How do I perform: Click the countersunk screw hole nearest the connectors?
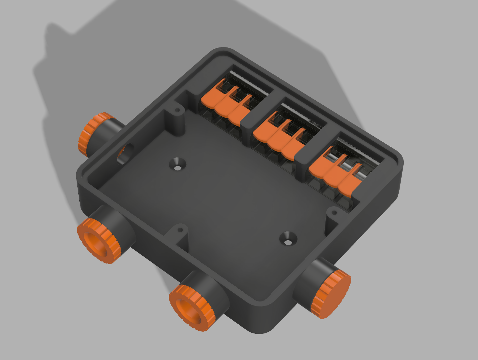pyautogui.click(x=177, y=164)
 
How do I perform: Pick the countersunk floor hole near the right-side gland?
pyautogui.click(x=288, y=239)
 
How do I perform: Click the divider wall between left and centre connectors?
pyautogui.click(x=249, y=121)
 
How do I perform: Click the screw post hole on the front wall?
pyautogui.click(x=180, y=230)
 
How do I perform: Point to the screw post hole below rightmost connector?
pyautogui.click(x=334, y=212)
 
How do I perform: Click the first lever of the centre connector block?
pyautogui.click(x=266, y=128)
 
